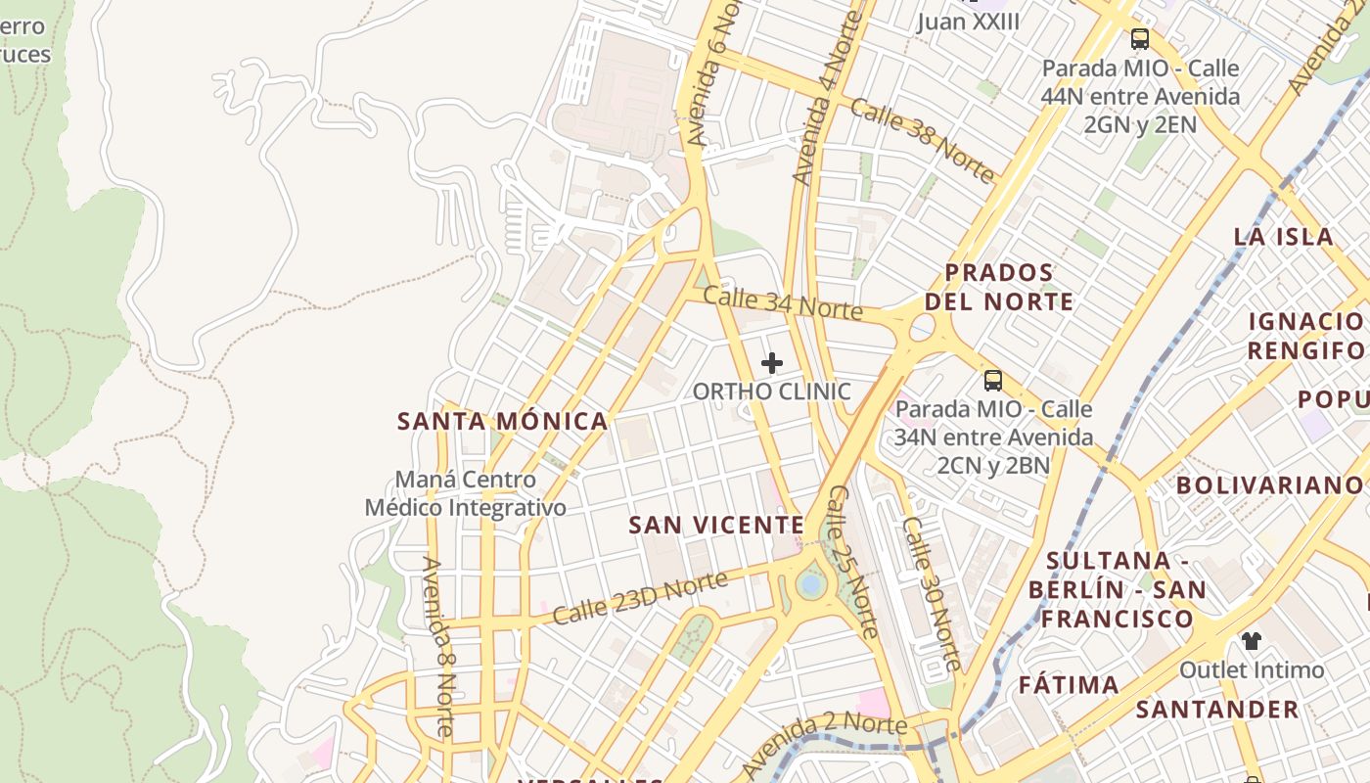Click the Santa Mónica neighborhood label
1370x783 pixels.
click(x=502, y=422)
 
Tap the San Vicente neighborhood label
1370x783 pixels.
click(x=716, y=526)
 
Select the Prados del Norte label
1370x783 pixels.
click(x=999, y=287)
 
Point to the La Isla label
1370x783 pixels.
click(x=1283, y=236)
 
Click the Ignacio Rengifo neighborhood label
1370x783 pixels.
click(x=1305, y=336)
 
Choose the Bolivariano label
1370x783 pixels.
click(x=1268, y=485)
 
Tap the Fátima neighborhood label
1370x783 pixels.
click(x=1069, y=685)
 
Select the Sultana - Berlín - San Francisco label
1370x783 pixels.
click(x=1117, y=590)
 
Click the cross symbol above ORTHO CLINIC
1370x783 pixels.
click(x=772, y=363)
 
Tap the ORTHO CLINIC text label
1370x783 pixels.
click(x=772, y=391)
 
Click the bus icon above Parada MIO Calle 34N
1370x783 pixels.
click(x=993, y=381)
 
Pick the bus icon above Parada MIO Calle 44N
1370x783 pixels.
click(x=1140, y=39)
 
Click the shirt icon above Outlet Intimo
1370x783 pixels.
click(x=1252, y=641)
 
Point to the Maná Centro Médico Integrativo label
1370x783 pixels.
click(x=466, y=494)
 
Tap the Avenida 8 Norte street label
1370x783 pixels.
click(x=437, y=646)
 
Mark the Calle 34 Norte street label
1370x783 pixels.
click(x=783, y=303)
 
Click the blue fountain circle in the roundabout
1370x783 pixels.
click(x=810, y=584)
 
